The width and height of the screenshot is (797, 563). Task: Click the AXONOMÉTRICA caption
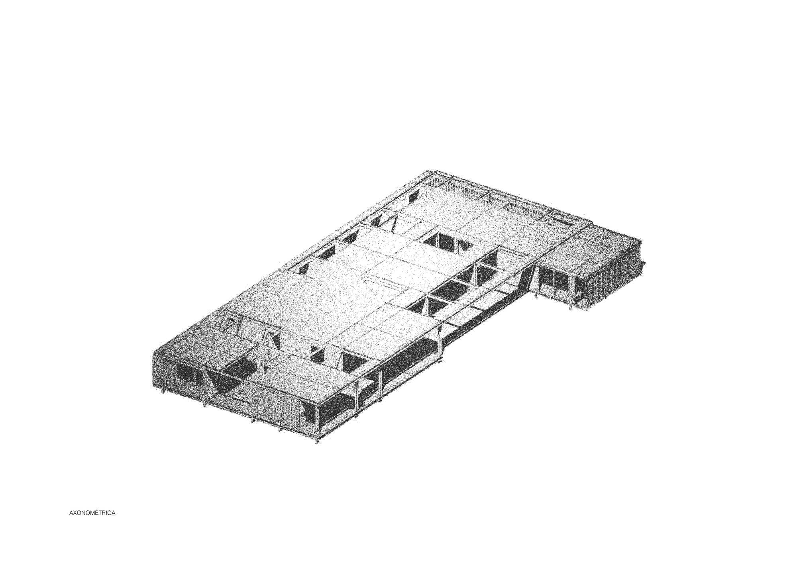(x=92, y=513)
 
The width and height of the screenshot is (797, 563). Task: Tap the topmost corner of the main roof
(x=427, y=170)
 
